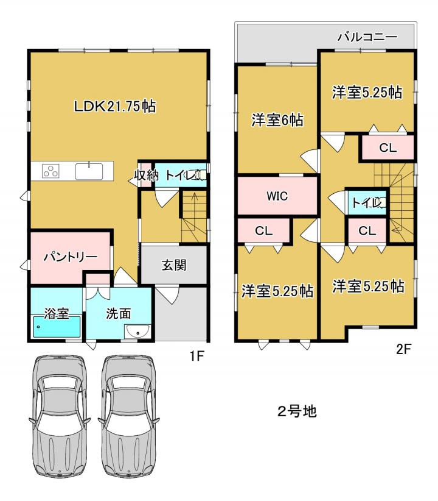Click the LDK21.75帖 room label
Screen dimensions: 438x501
click(x=115, y=106)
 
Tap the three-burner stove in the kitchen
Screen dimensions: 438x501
click(x=50, y=171)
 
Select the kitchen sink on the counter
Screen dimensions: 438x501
click(x=89, y=171)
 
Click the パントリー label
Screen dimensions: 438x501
click(x=71, y=257)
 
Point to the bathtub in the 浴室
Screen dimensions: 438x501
click(x=57, y=326)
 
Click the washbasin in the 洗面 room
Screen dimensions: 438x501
click(x=138, y=332)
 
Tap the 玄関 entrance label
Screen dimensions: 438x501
click(x=174, y=265)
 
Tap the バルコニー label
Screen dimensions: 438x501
click(x=367, y=37)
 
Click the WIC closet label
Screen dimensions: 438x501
click(x=277, y=196)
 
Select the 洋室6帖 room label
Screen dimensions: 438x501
click(x=277, y=120)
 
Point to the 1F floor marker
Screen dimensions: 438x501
click(x=197, y=355)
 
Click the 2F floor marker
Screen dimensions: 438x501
click(x=403, y=349)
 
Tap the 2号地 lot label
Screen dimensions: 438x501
click(x=297, y=411)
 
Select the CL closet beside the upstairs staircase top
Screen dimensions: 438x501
click(x=388, y=148)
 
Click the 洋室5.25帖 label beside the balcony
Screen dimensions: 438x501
click(x=367, y=93)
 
